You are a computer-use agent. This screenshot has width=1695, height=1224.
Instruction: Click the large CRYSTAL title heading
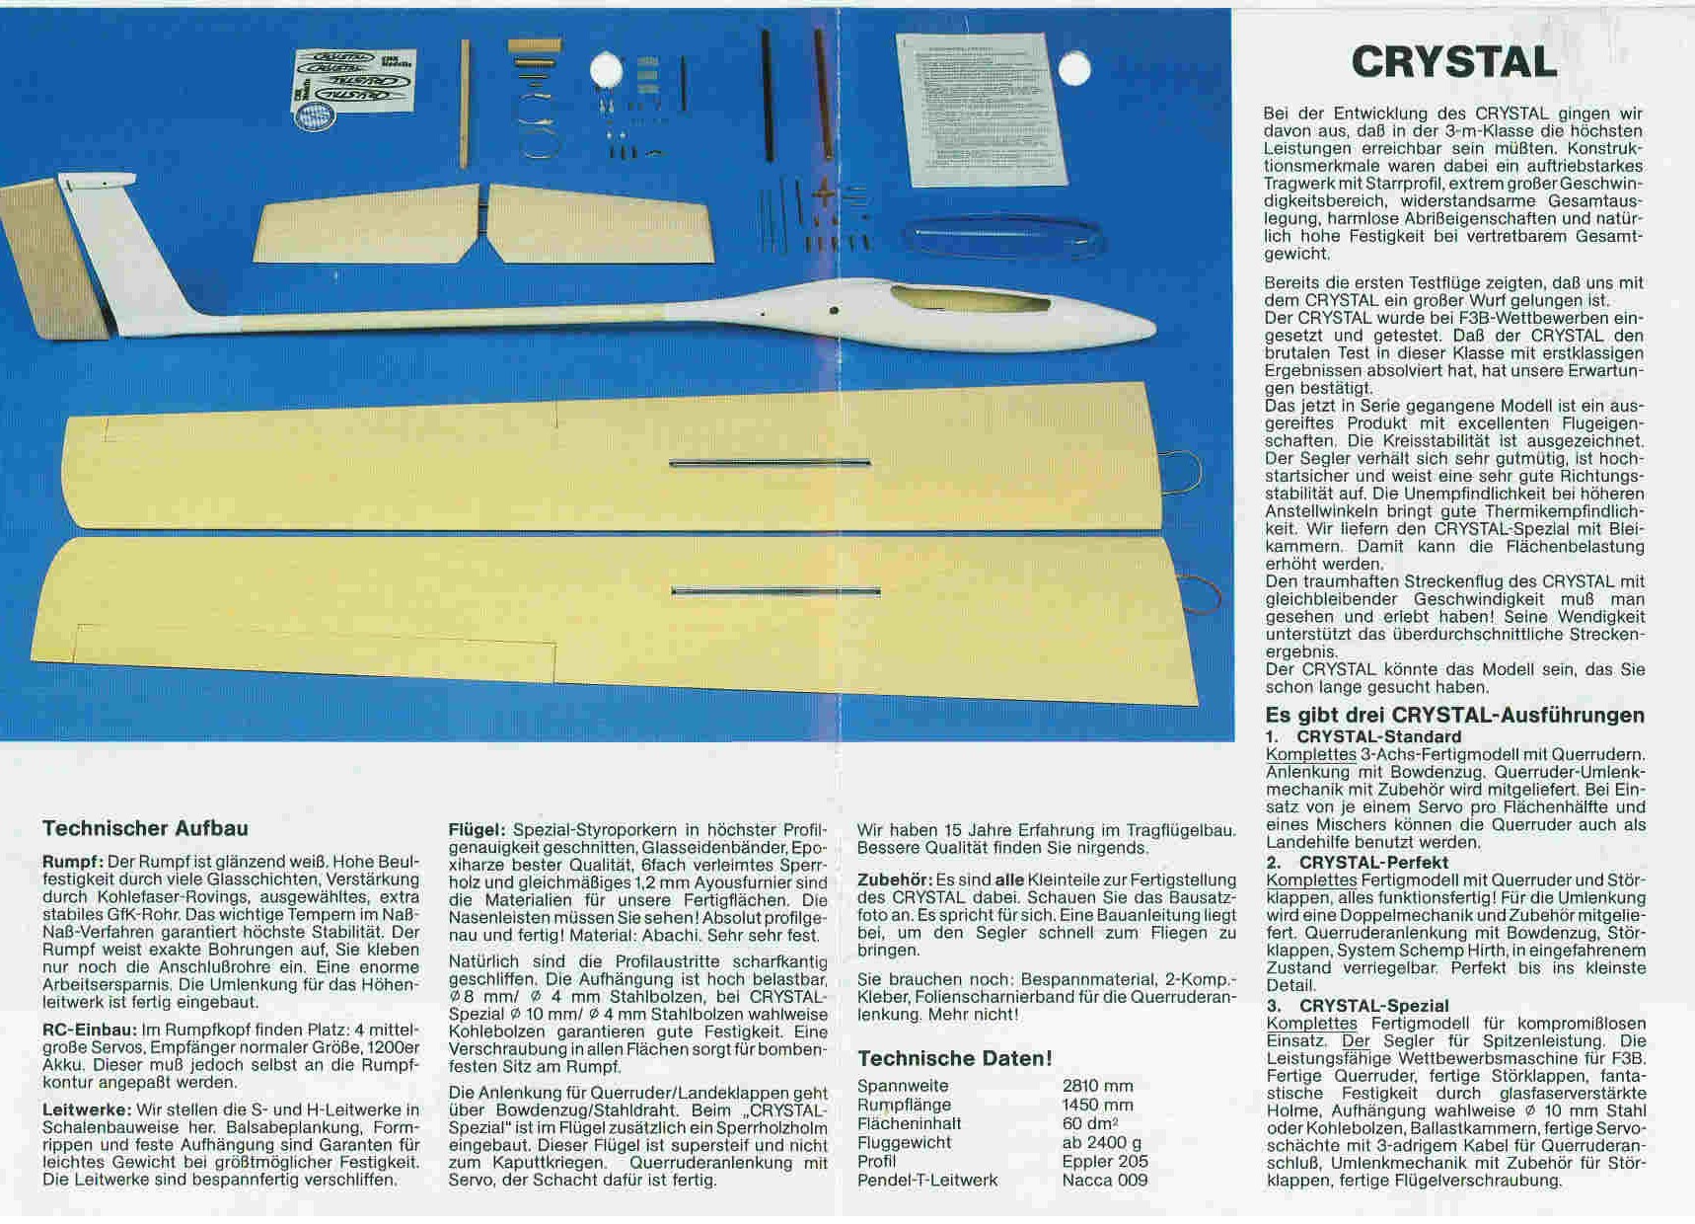pyautogui.click(x=1453, y=62)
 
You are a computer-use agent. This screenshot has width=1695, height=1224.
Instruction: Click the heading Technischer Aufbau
pyautogui.click(x=145, y=828)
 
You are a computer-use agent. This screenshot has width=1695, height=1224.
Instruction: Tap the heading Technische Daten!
pyautogui.click(x=954, y=1058)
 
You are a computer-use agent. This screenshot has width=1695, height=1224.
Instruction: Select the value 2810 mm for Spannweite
pyautogui.click(x=1097, y=1086)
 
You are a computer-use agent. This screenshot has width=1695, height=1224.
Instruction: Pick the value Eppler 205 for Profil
pyautogui.click(x=1104, y=1161)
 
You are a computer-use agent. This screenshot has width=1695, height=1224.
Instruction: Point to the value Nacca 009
pyautogui.click(x=1104, y=1180)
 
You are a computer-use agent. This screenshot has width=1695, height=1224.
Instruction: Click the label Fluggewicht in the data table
pyautogui.click(x=904, y=1142)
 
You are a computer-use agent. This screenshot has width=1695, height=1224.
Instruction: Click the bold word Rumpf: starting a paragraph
pyautogui.click(x=73, y=862)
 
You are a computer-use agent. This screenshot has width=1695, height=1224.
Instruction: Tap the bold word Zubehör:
pyautogui.click(x=894, y=880)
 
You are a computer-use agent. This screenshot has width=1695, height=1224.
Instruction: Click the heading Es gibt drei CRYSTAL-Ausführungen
pyautogui.click(x=1454, y=715)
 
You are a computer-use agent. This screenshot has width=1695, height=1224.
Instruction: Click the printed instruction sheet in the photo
pyautogui.click(x=982, y=109)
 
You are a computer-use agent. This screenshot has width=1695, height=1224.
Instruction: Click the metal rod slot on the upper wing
pyautogui.click(x=770, y=462)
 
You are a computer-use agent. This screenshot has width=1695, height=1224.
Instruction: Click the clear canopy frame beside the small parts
pyautogui.click(x=996, y=238)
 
